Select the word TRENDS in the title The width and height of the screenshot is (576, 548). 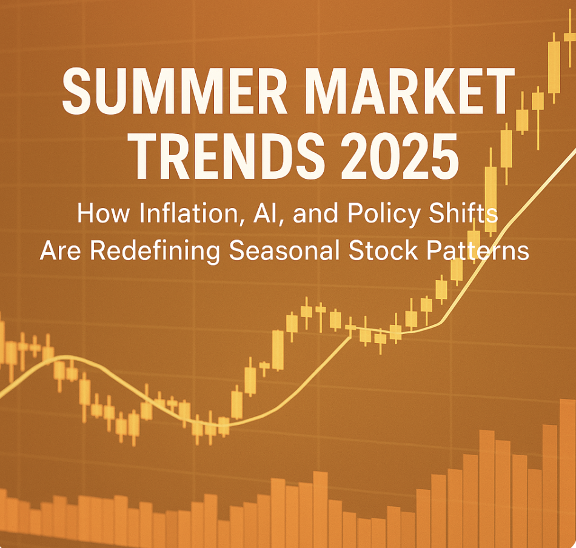[x=229, y=156]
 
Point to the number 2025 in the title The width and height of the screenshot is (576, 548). [x=400, y=156]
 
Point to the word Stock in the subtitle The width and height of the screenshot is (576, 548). [x=384, y=251]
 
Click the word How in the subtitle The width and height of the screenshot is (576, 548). [x=103, y=213]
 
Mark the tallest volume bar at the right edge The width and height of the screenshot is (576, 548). [x=568, y=473]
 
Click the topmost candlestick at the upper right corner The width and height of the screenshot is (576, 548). [x=570, y=37]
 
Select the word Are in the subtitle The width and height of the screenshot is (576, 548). [x=60, y=251]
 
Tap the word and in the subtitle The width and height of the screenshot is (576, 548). [x=315, y=213]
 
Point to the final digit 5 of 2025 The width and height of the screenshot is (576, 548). [x=446, y=156]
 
